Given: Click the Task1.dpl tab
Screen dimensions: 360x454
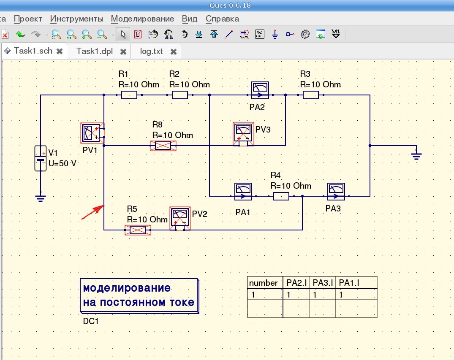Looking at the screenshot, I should [95, 51].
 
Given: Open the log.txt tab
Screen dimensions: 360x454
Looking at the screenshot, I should [152, 51].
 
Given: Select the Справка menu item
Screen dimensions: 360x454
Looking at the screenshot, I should [222, 19].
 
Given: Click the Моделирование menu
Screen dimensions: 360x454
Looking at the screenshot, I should [142, 19].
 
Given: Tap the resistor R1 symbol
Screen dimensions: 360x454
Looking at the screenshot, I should [129, 95].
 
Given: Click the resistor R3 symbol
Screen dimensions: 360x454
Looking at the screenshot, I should [311, 95].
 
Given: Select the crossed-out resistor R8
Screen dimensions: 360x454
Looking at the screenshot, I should [163, 146].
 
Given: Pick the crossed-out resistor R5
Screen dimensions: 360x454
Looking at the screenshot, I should [138, 230].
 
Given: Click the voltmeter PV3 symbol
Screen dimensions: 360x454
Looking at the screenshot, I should [244, 134].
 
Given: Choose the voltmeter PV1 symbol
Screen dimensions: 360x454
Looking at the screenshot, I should [92, 133].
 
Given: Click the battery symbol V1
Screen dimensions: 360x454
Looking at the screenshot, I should [41, 159].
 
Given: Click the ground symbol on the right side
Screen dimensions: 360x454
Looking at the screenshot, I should [416, 155].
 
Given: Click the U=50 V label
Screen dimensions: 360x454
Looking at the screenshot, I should [63, 163].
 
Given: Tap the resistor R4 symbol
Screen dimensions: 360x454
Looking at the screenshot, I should [281, 196].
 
